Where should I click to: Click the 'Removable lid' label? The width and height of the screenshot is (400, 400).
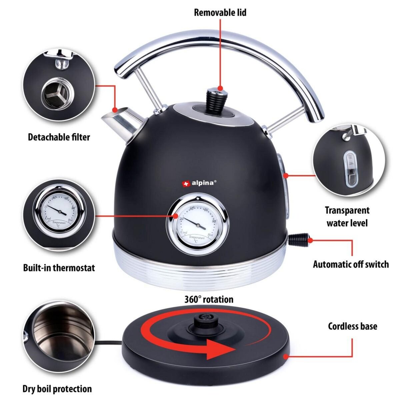click(x=220, y=13)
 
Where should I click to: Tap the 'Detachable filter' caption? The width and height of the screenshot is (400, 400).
click(x=59, y=137)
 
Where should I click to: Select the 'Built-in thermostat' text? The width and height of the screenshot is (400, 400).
click(x=59, y=267)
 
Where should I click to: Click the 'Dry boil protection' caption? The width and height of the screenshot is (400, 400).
click(x=57, y=389)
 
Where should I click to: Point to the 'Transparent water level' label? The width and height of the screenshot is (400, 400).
click(x=347, y=216)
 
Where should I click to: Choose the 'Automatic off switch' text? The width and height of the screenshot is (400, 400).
click(x=351, y=264)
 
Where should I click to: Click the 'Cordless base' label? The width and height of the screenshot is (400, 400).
click(x=353, y=326)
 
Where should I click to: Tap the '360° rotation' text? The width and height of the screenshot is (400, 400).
click(x=209, y=299)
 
